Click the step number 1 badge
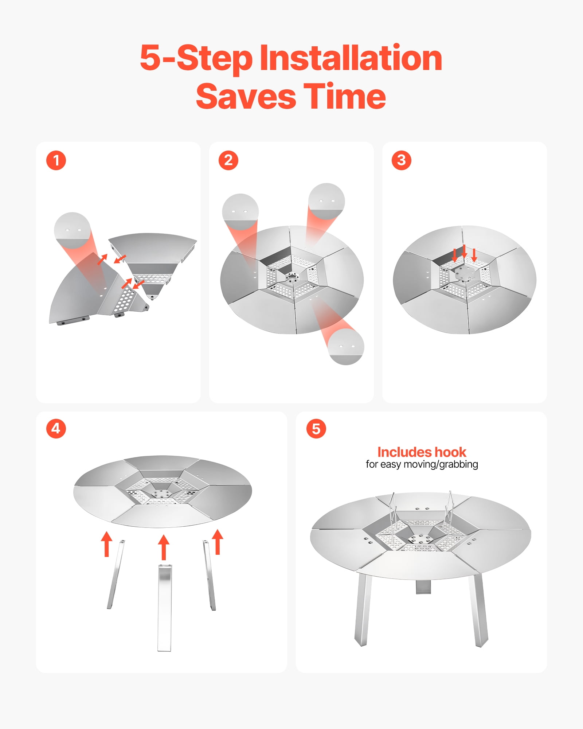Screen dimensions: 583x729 (56, 160)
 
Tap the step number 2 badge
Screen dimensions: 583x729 (228, 160)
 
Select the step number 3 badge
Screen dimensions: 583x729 (402, 160)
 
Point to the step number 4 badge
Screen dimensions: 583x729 (56, 428)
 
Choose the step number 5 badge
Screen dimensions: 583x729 (316, 428)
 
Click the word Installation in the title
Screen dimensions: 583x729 (351, 58)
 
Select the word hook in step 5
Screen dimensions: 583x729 (450, 452)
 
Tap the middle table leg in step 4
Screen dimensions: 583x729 (164, 608)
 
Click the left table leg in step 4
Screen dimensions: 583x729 (116, 574)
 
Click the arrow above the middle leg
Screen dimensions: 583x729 (164, 547)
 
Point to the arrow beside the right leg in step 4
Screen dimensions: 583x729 (218, 542)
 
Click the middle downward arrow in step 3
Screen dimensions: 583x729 (464, 252)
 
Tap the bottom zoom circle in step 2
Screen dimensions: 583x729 (345, 346)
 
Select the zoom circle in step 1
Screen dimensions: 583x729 (72, 230)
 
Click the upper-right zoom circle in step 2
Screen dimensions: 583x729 (326, 201)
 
